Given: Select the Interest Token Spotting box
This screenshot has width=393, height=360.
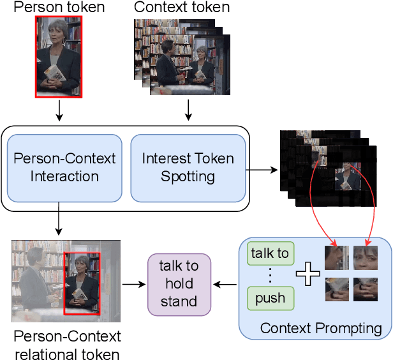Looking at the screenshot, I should click(188, 167).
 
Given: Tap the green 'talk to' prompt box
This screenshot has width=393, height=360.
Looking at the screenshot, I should click(270, 253).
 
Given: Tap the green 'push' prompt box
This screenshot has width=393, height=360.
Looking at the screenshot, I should click(270, 298).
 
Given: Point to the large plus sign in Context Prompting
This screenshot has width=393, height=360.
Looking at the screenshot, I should click(309, 275).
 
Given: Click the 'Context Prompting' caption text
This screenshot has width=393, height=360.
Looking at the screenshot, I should click(321, 329).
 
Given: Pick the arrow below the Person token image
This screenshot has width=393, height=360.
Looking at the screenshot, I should click(59, 110).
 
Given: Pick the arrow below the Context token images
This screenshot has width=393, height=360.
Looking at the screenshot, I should click(188, 110).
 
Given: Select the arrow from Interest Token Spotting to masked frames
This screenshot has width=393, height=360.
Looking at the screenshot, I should click(263, 170).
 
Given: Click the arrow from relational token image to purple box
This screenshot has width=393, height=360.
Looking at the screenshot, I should click(133, 283).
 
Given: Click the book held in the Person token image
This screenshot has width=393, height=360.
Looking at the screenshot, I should click(54, 73).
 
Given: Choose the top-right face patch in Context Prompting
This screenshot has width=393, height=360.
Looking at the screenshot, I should click(365, 257).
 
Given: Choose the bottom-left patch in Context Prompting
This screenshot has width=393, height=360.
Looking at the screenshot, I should click(336, 289).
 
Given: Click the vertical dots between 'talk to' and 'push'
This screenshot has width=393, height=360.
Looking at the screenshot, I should click(270, 276).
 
